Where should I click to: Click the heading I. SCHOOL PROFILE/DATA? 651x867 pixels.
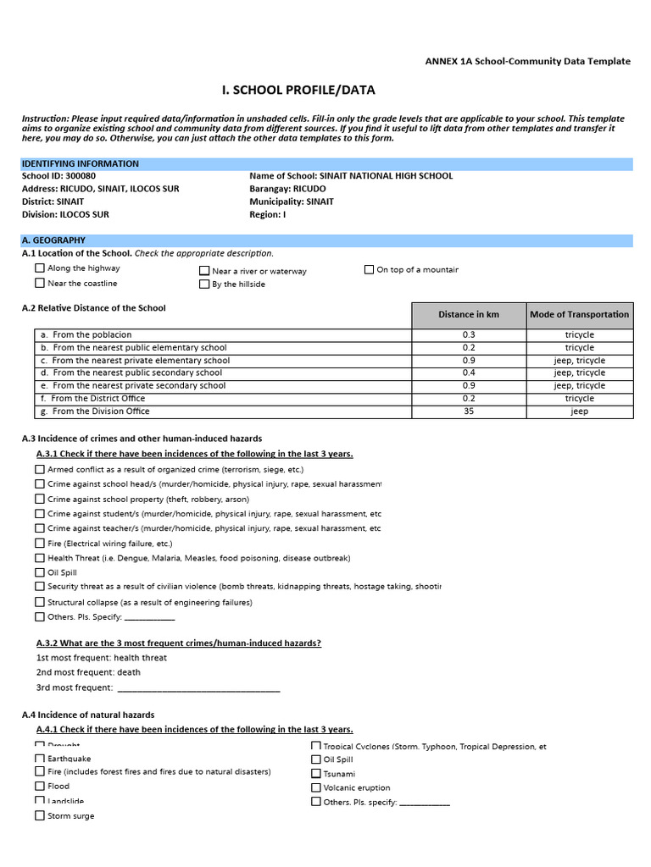(x=298, y=91)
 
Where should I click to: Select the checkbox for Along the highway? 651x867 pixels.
(x=40, y=268)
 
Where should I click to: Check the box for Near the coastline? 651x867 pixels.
(x=40, y=284)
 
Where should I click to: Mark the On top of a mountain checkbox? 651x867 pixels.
(x=369, y=270)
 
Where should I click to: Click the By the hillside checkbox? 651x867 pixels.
(x=204, y=284)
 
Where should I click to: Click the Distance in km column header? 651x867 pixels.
(x=469, y=315)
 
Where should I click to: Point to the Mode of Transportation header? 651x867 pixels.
(x=579, y=315)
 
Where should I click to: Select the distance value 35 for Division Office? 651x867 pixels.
(x=469, y=411)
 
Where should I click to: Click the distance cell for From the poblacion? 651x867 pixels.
(x=469, y=335)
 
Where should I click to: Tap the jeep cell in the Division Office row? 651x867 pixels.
(x=579, y=411)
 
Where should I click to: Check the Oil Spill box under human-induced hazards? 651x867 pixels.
(x=40, y=572)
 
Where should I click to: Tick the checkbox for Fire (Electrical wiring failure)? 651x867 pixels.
(x=40, y=543)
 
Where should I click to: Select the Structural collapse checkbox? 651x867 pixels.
(x=40, y=602)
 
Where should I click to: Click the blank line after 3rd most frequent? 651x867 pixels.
(x=198, y=688)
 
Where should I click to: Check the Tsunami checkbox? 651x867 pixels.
(x=316, y=774)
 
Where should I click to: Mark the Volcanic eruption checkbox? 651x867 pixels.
(x=316, y=787)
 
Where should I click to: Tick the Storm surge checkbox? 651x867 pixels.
(x=40, y=816)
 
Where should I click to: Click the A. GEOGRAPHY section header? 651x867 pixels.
(x=53, y=240)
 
